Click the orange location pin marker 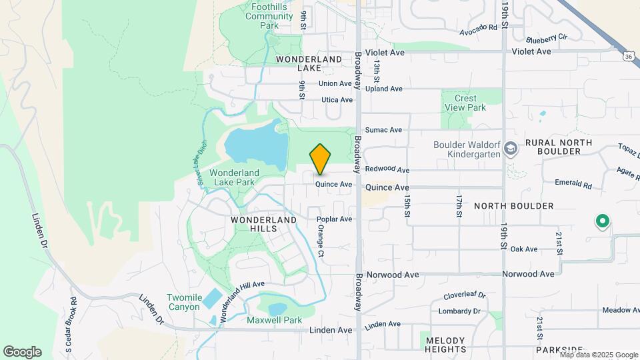click(320, 159)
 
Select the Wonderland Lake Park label click(232, 177)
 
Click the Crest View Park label click(466, 103)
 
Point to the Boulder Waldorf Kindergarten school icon click(511, 147)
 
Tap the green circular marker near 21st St click(602, 220)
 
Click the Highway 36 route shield click(629, 57)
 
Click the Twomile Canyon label click(183, 302)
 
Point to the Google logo click(22, 351)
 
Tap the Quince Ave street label click(333, 184)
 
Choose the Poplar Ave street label click(335, 219)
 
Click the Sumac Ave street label click(383, 130)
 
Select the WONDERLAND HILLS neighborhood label click(263, 224)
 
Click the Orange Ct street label click(321, 241)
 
